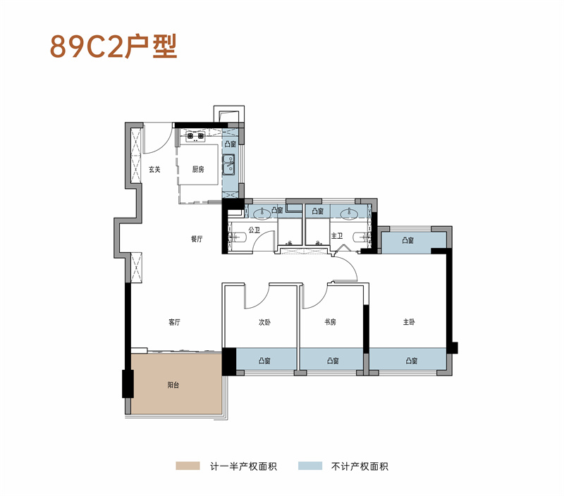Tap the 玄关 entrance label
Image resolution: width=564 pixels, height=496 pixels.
[154, 169]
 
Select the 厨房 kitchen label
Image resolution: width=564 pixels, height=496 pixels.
[198, 169]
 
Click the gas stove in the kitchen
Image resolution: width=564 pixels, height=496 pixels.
[195, 136]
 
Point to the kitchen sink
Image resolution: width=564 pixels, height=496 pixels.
[228, 166]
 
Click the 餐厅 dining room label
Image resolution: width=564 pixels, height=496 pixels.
[197, 239]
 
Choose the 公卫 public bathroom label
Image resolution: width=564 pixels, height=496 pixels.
[255, 230]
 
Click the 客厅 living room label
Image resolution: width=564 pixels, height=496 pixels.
[175, 322]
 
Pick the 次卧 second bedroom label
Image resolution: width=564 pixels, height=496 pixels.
[264, 322]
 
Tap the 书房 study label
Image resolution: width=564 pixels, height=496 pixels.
[330, 322]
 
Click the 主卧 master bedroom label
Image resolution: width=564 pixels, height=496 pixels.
[409, 322]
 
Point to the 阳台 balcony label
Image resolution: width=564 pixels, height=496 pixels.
[173, 385]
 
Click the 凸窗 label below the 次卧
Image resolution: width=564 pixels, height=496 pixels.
[264, 361]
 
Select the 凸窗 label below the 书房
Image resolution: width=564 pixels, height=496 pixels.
[332, 361]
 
